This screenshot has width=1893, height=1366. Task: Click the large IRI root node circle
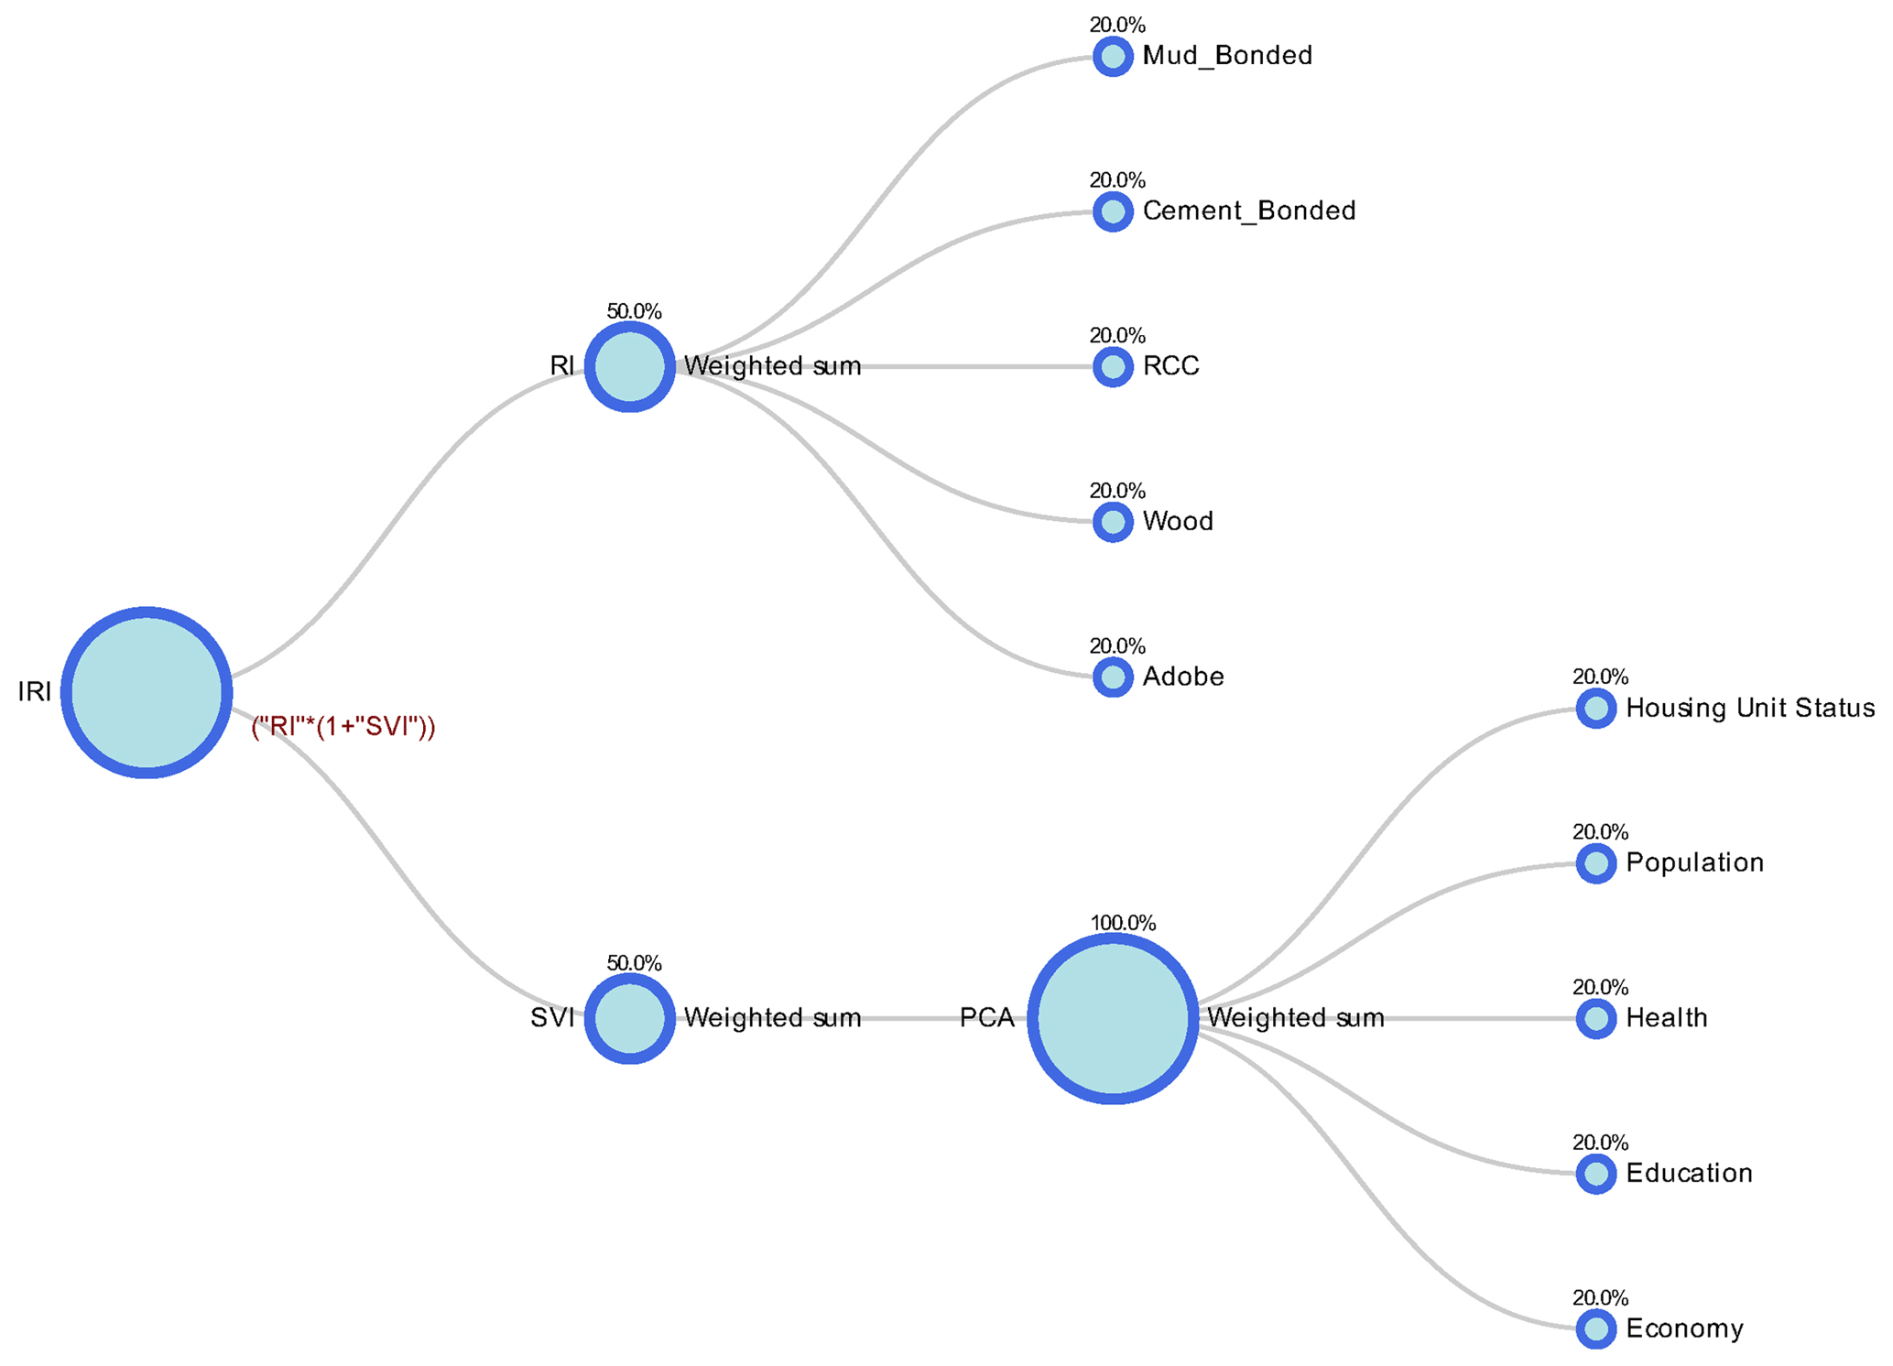coord(147,692)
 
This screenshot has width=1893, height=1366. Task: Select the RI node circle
coord(630,366)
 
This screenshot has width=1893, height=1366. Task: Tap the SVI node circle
coord(630,1018)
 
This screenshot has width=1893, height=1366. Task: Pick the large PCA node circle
coord(1113,1018)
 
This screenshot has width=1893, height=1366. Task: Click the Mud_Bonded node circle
coord(1113,57)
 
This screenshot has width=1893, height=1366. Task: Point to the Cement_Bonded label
coord(1249,211)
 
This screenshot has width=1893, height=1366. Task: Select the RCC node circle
coord(1113,367)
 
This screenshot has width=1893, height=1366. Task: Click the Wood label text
coord(1178,522)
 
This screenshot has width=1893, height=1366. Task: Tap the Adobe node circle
coord(1113,678)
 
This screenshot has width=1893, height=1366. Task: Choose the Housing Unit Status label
coord(1750,708)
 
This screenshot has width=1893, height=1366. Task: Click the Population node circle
coord(1596,863)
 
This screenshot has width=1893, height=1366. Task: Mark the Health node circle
coord(1596,1019)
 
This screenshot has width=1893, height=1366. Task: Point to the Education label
coord(1689,1174)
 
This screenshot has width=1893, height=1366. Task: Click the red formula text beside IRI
coord(343,728)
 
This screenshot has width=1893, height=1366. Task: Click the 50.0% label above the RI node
coord(634,311)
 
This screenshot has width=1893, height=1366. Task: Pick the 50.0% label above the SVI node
coord(634,963)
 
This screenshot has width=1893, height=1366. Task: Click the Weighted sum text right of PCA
coord(1296,1018)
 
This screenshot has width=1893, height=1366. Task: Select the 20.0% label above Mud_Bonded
coord(1117,26)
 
